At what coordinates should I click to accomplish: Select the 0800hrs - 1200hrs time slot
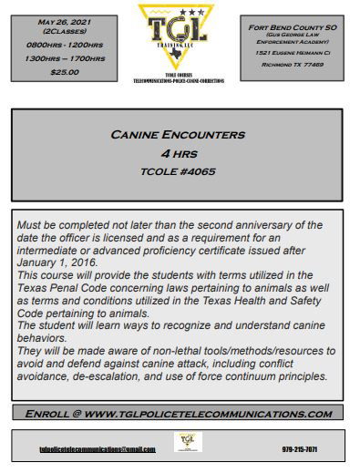tap(65, 43)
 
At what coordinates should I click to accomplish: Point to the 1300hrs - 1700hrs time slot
tap(65, 57)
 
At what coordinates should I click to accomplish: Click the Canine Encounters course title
tap(178, 135)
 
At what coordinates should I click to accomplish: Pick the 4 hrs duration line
tap(179, 153)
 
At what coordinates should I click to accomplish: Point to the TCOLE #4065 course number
tap(179, 170)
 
